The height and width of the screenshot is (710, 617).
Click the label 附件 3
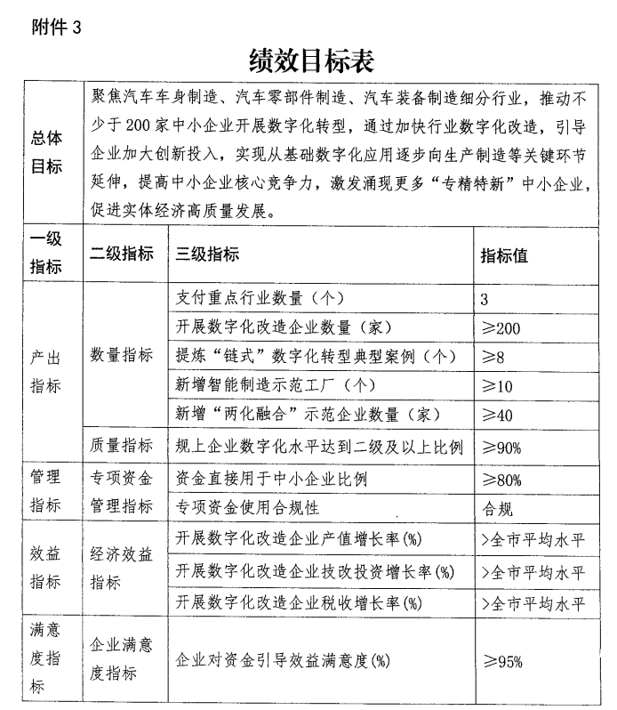[x=56, y=26]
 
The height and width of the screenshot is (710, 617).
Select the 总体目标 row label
[x=46, y=152]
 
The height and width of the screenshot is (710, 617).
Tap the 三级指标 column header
[x=208, y=255]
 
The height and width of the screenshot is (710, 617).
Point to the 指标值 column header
[x=504, y=255]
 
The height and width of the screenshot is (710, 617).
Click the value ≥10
[x=497, y=387]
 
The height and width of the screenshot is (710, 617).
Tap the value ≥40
[x=497, y=416]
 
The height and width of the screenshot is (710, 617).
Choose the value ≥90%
[x=501, y=447]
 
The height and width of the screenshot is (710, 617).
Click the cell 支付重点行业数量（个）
[x=260, y=299]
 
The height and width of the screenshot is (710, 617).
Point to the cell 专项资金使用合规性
[x=248, y=509]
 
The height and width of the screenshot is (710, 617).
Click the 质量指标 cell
[x=121, y=445]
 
